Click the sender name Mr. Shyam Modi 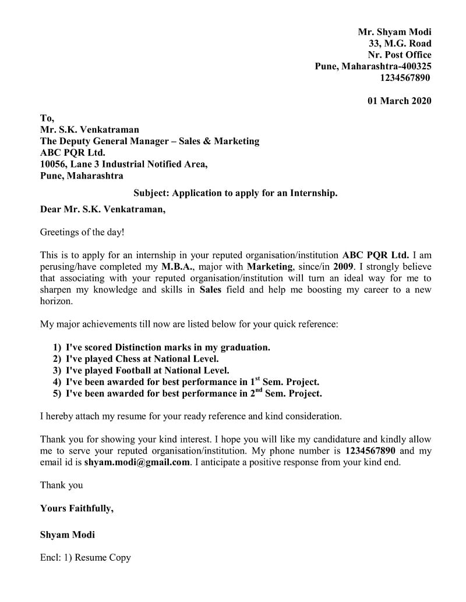[394, 32]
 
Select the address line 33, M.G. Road [400, 44]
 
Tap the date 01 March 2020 [399, 101]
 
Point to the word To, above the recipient [47, 118]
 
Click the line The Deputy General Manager [149, 141]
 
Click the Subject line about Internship [235, 193]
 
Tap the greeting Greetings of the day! [82, 232]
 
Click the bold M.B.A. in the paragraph [178, 267]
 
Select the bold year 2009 [343, 267]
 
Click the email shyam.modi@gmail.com [137, 462]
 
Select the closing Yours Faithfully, [76, 508]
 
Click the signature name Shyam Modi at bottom [67, 535]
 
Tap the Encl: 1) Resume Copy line [85, 557]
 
